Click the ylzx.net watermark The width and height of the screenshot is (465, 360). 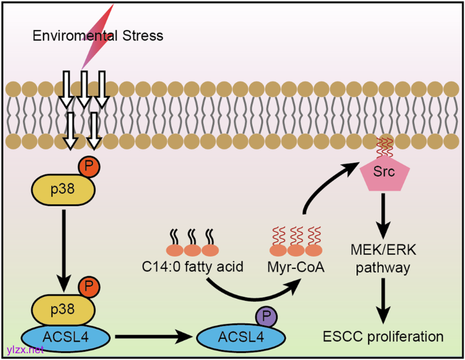[24, 350]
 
